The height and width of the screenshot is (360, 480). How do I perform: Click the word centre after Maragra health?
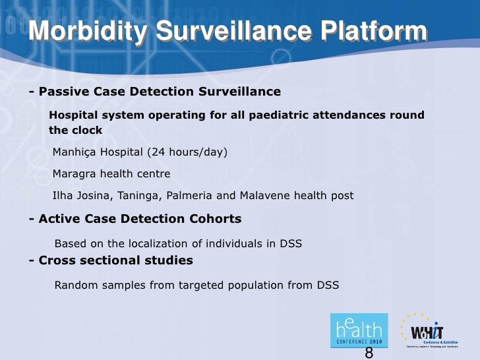(153, 174)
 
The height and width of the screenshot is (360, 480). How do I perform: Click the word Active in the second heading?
(60, 219)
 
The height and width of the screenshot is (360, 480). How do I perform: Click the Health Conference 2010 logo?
(359, 330)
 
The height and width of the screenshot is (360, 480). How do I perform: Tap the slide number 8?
(369, 353)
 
